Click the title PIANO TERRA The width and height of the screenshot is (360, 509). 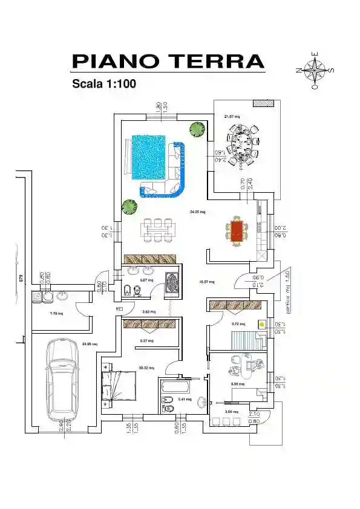168,62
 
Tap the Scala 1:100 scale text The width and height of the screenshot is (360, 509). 103,84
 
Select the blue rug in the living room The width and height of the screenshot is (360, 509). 148,156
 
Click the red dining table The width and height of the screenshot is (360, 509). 237,231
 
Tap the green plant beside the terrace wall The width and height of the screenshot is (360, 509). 196,129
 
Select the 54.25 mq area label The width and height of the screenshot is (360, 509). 198,212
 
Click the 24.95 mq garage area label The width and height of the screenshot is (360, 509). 90,344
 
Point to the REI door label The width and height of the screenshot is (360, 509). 119,308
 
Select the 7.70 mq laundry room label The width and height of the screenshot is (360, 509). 56,314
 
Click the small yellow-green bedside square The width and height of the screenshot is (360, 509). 261,324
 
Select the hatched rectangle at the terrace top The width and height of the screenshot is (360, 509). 263,103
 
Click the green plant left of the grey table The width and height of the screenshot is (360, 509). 129,207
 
